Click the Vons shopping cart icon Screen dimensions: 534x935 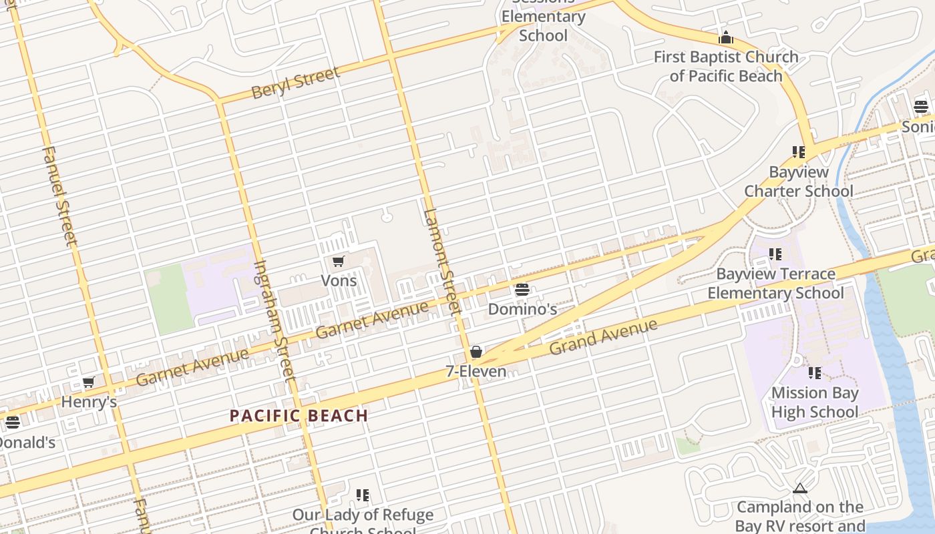coord(338,261)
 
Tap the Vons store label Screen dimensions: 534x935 coord(339,280)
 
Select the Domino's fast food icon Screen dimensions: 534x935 coord(522,290)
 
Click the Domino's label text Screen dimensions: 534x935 coord(522,309)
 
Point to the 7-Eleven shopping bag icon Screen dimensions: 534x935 coord(476,352)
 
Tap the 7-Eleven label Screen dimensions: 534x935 coord(476,371)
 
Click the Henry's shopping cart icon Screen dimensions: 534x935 coord(88,382)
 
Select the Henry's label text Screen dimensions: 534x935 coord(89,402)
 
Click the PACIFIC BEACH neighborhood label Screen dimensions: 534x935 coord(299,416)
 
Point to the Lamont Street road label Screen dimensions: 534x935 coord(441,262)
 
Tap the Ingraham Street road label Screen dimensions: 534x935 coord(274,320)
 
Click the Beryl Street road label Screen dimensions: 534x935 coord(295,83)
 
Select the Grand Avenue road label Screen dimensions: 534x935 coord(603,337)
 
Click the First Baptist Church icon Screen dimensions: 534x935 coord(726,37)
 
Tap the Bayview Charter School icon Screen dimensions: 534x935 coord(799,152)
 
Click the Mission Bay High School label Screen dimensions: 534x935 coord(814,403)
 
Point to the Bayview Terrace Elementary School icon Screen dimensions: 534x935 coord(775,254)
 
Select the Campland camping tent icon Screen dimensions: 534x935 coord(799,489)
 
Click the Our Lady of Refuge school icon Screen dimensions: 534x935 coord(363,495)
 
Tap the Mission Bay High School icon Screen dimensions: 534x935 coord(814,373)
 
